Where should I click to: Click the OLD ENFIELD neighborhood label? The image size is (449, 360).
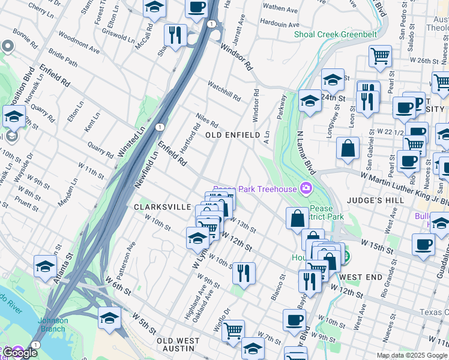(x=232, y=136)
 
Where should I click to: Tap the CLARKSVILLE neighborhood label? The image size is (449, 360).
(x=162, y=206)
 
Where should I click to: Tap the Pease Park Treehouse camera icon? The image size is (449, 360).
(x=306, y=189)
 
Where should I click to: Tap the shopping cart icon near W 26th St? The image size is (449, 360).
(x=380, y=56)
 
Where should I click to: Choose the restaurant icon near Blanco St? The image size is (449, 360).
(x=244, y=273)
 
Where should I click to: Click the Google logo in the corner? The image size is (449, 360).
(x=19, y=352)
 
